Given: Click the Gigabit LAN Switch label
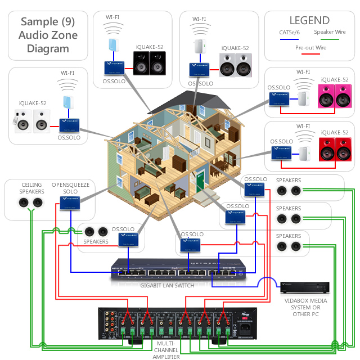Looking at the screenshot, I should click(168, 286).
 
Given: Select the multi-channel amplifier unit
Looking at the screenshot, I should click(175, 325).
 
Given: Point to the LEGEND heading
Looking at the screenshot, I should click(309, 20).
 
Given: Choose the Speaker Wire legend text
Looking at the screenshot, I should click(330, 33).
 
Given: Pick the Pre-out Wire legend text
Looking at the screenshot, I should click(310, 48).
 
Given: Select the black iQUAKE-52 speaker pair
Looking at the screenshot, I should click(150, 64).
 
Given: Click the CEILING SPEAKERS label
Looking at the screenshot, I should click(32, 188).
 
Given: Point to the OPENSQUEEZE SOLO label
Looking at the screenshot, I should click(70, 188).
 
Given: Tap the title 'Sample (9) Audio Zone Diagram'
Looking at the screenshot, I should click(48, 35).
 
